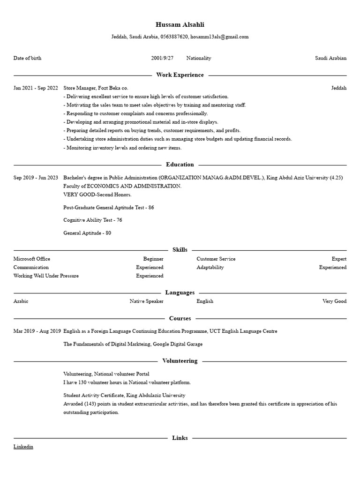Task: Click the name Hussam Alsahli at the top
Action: [x=180, y=24]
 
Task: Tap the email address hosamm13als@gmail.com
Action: [x=219, y=37]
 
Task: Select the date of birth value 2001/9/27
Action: [x=162, y=58]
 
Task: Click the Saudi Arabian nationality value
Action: [x=330, y=58]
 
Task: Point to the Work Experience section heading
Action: [x=180, y=75]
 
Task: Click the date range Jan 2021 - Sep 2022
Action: [x=36, y=88]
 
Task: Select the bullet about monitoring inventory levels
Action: [x=122, y=148]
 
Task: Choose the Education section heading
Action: [x=180, y=165]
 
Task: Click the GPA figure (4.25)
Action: [x=336, y=178]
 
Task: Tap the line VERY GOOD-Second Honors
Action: [x=97, y=195]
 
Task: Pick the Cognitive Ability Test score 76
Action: [x=119, y=220]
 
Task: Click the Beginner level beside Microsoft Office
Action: [x=153, y=259]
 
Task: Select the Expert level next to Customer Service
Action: [x=339, y=259]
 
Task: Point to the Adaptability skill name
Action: [x=210, y=267]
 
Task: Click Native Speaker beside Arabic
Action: [x=146, y=301]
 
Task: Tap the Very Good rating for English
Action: [x=334, y=301]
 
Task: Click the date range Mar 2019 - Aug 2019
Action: [x=37, y=331]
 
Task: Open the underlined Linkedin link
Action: [x=23, y=447]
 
